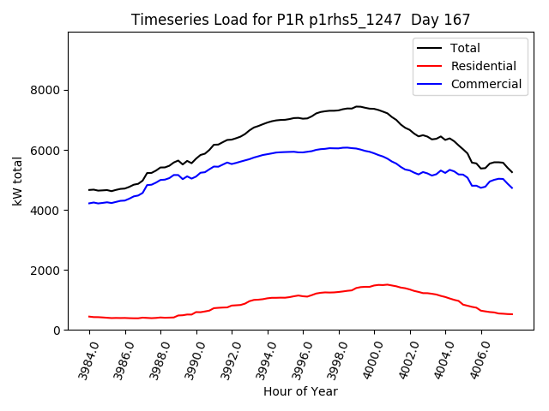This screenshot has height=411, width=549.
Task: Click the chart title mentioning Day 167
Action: pos(301,20)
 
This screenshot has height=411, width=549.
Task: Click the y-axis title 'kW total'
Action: pos(19,182)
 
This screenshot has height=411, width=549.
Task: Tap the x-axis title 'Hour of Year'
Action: pos(300,391)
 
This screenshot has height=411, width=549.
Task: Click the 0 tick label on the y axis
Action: pos(57,331)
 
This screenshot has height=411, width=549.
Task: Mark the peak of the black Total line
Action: pos(357,107)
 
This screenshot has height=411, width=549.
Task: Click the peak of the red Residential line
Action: pos(386,284)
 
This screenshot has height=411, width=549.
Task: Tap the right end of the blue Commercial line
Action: pos(512,188)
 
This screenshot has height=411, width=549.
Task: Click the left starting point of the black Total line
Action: pos(89,190)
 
